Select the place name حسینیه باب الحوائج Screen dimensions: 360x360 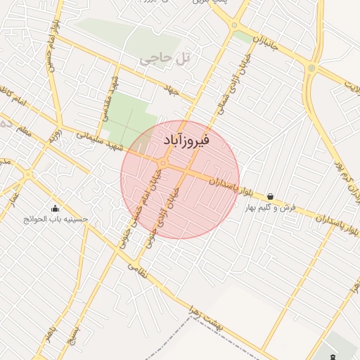(56, 219)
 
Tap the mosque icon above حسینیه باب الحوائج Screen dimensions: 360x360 (56, 208)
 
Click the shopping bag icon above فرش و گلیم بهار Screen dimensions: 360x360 (271, 197)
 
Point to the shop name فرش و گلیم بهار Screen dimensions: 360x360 (271, 208)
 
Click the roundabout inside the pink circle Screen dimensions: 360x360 (162, 164)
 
